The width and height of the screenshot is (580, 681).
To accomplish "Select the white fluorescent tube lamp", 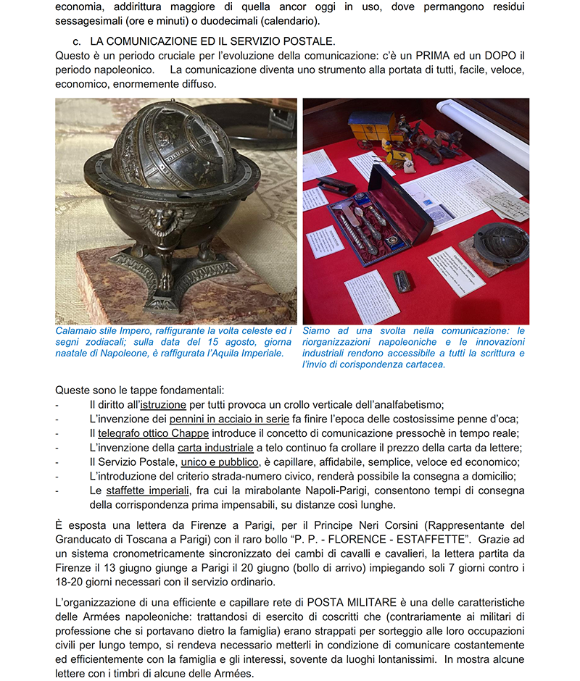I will point(485,130).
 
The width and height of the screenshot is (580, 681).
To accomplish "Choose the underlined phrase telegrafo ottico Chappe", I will point(154,433).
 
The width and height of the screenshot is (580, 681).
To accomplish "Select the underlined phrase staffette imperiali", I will point(149,490).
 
